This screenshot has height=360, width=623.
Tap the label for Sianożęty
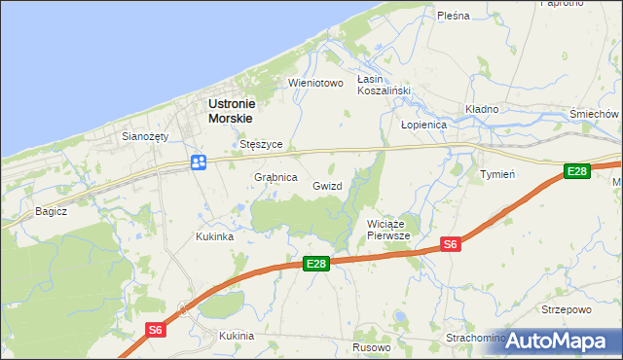145,137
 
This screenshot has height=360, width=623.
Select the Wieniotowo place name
316,83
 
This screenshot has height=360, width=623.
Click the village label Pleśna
454,16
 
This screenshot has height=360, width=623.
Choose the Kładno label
481,109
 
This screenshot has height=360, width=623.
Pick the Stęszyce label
261,144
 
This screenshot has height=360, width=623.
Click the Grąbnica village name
275,178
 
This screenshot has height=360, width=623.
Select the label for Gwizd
327,185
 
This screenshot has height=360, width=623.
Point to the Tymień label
497,173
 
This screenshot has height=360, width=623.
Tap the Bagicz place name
51,210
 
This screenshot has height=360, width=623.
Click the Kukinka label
214,236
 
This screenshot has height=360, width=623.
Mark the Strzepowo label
566,310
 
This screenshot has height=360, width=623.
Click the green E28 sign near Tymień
577,171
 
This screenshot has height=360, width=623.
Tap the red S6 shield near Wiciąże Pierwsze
450,244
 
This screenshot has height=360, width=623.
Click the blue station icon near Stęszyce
198,162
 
